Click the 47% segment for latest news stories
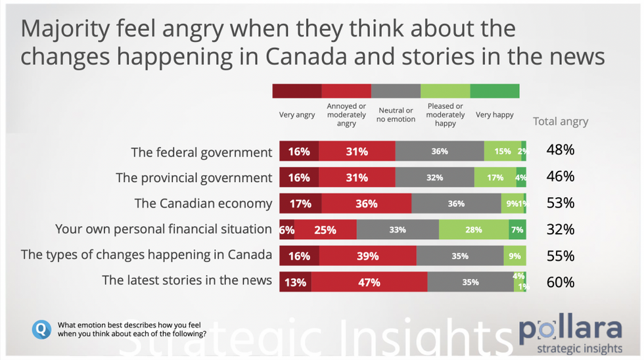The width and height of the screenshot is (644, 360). (369, 282)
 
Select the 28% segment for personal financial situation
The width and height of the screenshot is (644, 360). (473, 229)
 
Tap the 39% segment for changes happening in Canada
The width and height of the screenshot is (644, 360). (368, 256)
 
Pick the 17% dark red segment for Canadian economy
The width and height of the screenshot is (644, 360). (300, 203)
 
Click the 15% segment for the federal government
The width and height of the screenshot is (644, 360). (503, 151)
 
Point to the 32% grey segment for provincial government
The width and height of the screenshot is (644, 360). (434, 177)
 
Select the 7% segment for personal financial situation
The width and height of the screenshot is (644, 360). (517, 229)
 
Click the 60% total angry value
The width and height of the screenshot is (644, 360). (561, 282)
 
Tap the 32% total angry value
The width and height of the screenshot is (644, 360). (561, 229)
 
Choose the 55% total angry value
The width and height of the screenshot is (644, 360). (561, 256)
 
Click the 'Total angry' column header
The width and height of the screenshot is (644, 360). (561, 121)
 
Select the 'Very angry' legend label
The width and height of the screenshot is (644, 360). (297, 115)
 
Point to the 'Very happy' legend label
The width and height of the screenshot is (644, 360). (495, 115)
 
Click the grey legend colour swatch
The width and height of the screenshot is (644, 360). (396, 91)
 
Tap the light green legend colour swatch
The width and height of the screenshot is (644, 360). (445, 91)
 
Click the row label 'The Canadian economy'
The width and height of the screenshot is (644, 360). (203, 203)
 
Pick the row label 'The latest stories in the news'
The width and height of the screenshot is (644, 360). (187, 281)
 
